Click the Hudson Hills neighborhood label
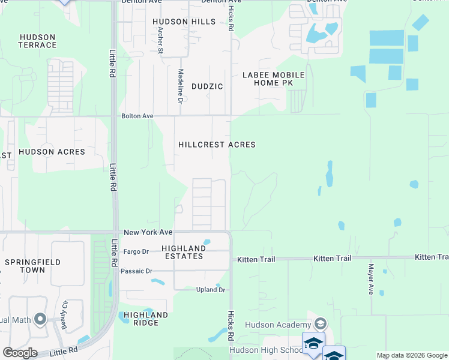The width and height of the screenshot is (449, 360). [184, 22]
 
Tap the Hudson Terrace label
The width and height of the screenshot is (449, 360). [38, 41]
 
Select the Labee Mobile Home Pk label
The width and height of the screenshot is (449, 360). [273, 79]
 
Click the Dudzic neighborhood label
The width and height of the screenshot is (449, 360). [207, 86]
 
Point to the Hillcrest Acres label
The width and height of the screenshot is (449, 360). [217, 145]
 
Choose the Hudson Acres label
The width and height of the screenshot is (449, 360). [52, 152]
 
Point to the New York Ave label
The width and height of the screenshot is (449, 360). [148, 232]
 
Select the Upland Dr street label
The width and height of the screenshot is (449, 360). [210, 290]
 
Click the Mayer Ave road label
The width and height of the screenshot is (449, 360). [371, 278]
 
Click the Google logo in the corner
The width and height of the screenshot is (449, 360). [20, 353]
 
